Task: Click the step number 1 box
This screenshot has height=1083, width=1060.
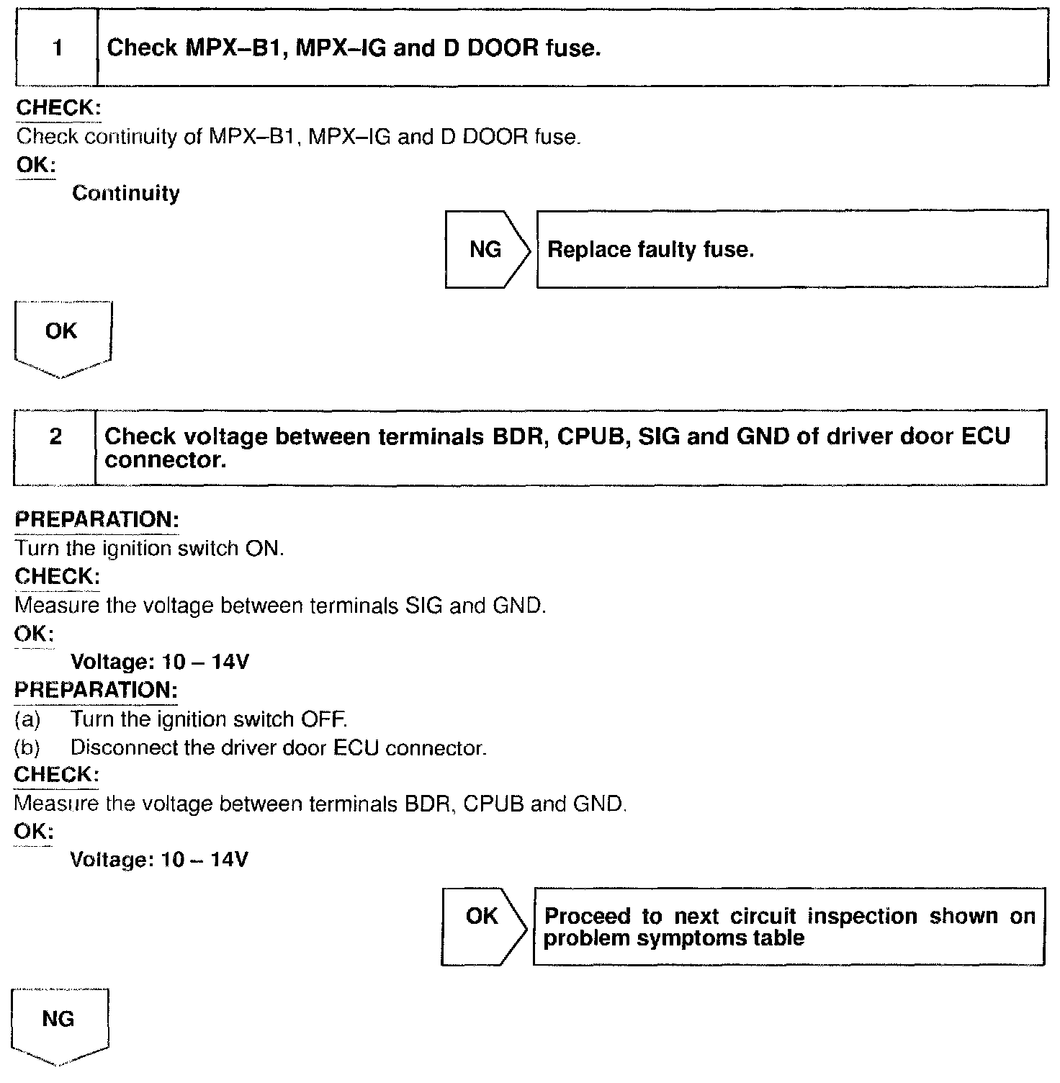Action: click(x=56, y=48)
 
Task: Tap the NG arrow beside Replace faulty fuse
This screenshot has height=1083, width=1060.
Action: click(x=486, y=250)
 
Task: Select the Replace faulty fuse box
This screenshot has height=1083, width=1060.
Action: click(x=791, y=250)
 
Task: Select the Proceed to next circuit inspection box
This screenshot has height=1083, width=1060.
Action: click(x=788, y=927)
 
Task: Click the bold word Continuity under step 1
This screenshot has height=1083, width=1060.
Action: click(x=126, y=194)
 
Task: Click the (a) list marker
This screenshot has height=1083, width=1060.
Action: click(x=27, y=719)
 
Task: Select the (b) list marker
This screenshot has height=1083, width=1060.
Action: click(x=27, y=748)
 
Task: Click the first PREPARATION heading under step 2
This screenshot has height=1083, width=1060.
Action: click(x=96, y=520)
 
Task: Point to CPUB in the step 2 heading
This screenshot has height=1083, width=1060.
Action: click(x=584, y=436)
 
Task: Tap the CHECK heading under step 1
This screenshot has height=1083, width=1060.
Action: click(x=58, y=108)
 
